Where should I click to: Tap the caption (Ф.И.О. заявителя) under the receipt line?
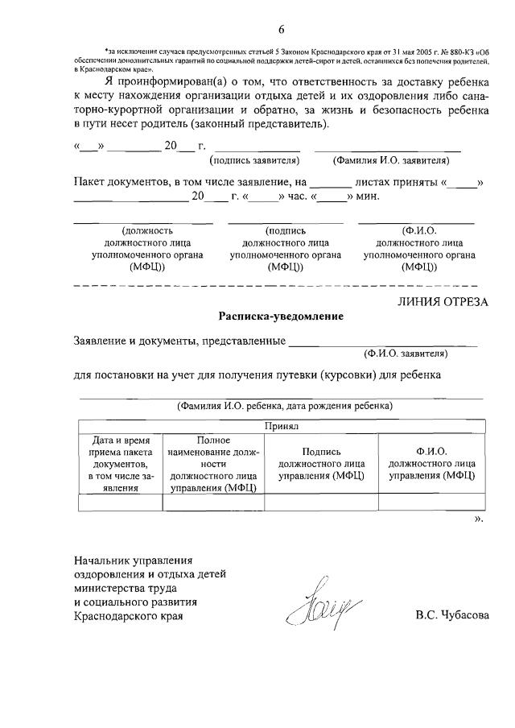pyautogui.click(x=406, y=353)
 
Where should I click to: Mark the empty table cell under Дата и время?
pyautogui.click(x=120, y=503)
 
